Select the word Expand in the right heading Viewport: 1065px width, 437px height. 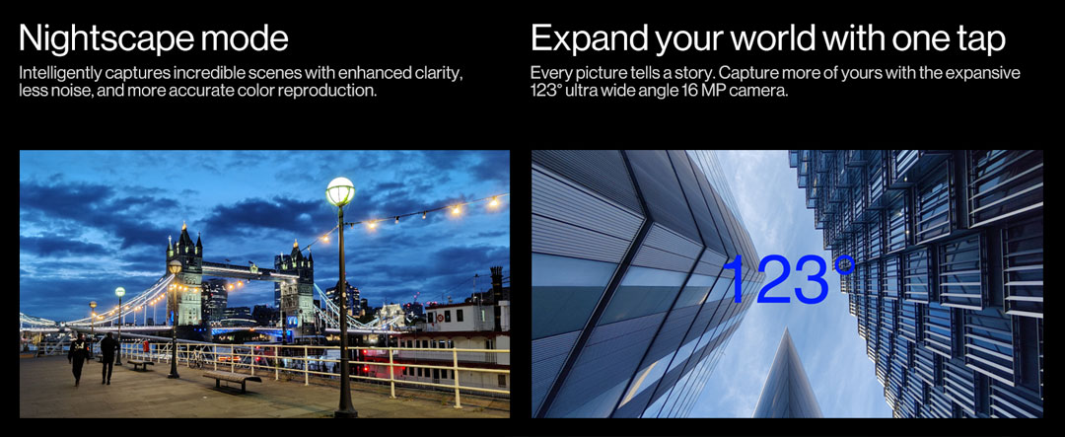588,38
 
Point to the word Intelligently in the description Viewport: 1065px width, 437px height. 56,74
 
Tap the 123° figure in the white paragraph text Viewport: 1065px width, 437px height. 544,91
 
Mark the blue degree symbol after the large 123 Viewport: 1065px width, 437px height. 844,264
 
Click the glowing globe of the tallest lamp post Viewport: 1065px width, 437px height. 340,192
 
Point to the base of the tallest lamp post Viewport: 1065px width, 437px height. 345,409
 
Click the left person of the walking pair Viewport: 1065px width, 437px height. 78,358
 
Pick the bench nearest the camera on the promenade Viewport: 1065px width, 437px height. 231,381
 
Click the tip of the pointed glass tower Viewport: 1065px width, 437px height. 788,328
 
